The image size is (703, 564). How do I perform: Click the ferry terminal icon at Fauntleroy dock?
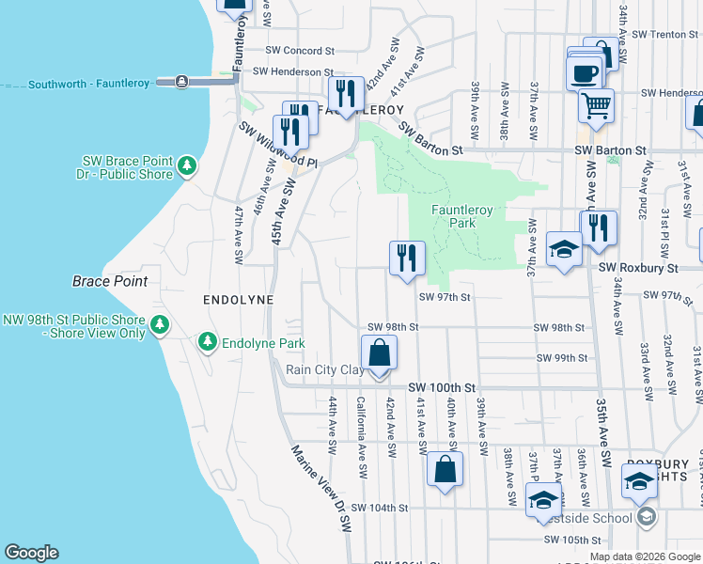click(x=180, y=83)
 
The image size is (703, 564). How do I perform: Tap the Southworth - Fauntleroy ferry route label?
click(x=88, y=84)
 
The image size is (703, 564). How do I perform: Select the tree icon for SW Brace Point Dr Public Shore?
click(x=187, y=166)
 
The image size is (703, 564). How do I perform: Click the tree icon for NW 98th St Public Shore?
click(x=161, y=325)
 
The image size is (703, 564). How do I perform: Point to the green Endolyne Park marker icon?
click(x=208, y=343)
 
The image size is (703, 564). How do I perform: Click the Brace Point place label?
click(x=107, y=281)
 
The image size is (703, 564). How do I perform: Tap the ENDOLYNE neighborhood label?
click(x=238, y=299)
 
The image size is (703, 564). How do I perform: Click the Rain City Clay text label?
click(x=324, y=370)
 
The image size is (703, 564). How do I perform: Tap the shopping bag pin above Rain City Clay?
click(x=379, y=354)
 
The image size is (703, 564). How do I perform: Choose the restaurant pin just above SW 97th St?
click(x=407, y=258)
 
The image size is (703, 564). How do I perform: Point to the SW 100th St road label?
click(x=443, y=387)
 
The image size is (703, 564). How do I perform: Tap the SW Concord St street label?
click(x=300, y=51)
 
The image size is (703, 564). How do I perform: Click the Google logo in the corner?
click(x=31, y=553)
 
